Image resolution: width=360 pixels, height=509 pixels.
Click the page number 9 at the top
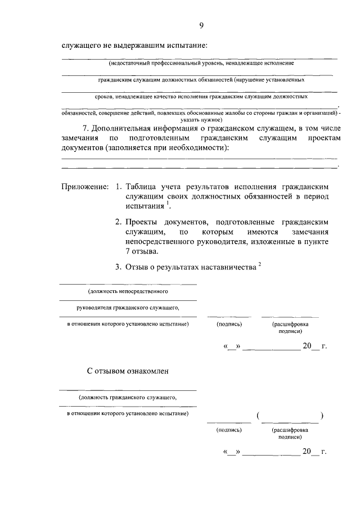201,25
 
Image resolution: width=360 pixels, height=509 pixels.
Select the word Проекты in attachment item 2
145,222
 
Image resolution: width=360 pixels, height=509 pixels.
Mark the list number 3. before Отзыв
119,268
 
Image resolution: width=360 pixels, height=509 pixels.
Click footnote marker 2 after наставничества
260,265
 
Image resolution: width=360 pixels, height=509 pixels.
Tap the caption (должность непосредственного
128,292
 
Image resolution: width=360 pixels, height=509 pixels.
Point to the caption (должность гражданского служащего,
128,398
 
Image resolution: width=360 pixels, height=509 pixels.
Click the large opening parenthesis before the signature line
257,416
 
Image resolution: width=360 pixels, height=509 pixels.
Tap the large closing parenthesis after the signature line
322,416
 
